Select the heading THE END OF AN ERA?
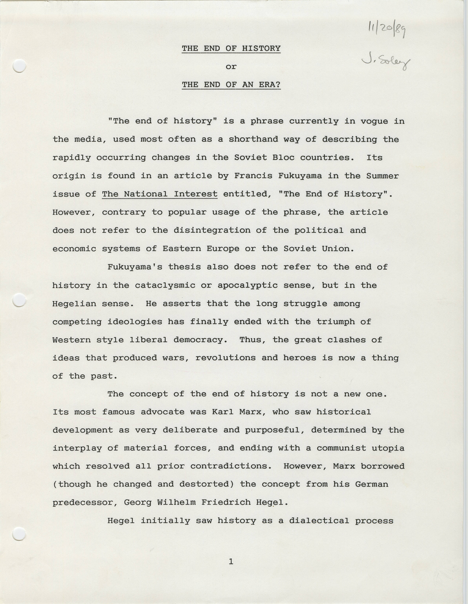click(231, 85)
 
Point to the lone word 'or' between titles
click(231, 67)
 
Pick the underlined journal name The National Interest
click(160, 194)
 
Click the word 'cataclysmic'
click(165, 285)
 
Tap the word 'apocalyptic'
click(248, 285)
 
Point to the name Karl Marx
click(237, 412)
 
